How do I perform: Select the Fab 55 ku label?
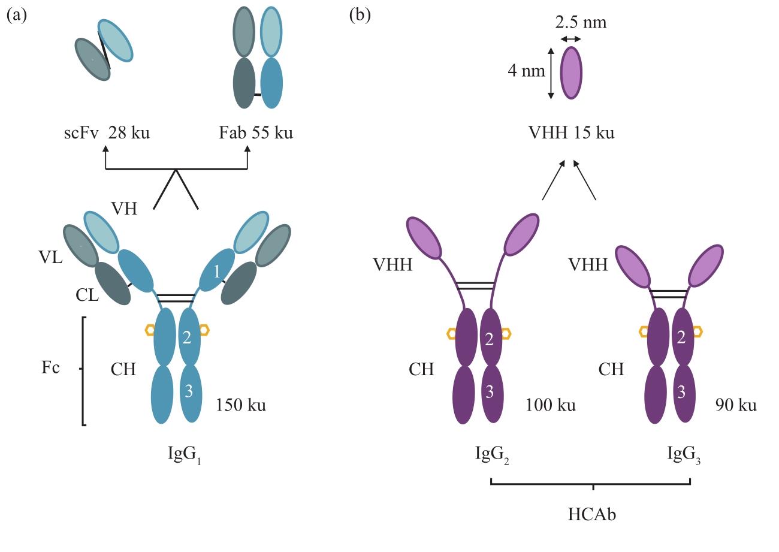coord(256,132)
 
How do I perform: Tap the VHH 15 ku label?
coord(571,132)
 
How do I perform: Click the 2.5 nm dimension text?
coord(581,23)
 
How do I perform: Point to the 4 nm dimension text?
coord(526,71)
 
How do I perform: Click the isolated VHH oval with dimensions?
coord(571,73)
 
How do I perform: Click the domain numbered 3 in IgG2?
coord(490,393)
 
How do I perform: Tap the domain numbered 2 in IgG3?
coord(681,337)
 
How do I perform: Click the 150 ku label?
coord(241,405)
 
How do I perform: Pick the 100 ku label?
coord(551,405)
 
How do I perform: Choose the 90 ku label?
coord(736,405)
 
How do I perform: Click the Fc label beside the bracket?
coord(51,368)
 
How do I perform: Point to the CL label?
coord(88,295)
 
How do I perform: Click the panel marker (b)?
coord(360,15)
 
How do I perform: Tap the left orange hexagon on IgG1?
coord(150,330)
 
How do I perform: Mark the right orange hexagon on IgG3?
coord(698,331)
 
